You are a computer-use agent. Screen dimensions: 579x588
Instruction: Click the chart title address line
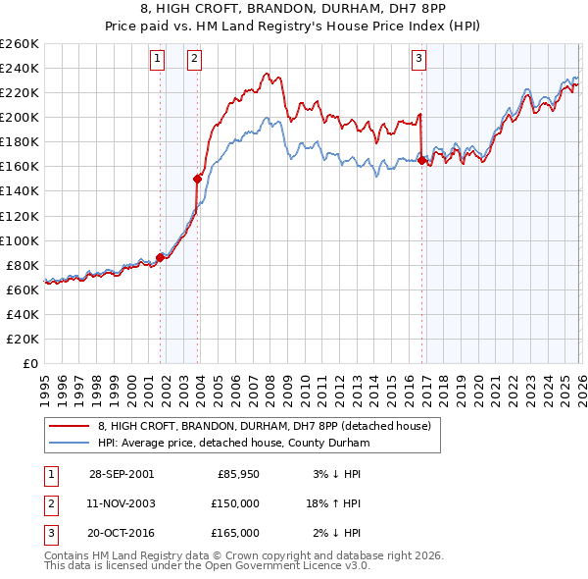(294, 9)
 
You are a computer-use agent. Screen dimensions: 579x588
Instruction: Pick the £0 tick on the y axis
(30, 363)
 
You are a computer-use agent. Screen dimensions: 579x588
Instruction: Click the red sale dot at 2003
(198, 179)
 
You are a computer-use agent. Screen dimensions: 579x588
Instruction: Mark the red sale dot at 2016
(421, 160)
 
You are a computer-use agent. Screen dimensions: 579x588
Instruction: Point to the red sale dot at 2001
(161, 258)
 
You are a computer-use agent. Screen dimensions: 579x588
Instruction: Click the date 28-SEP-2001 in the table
(122, 474)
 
